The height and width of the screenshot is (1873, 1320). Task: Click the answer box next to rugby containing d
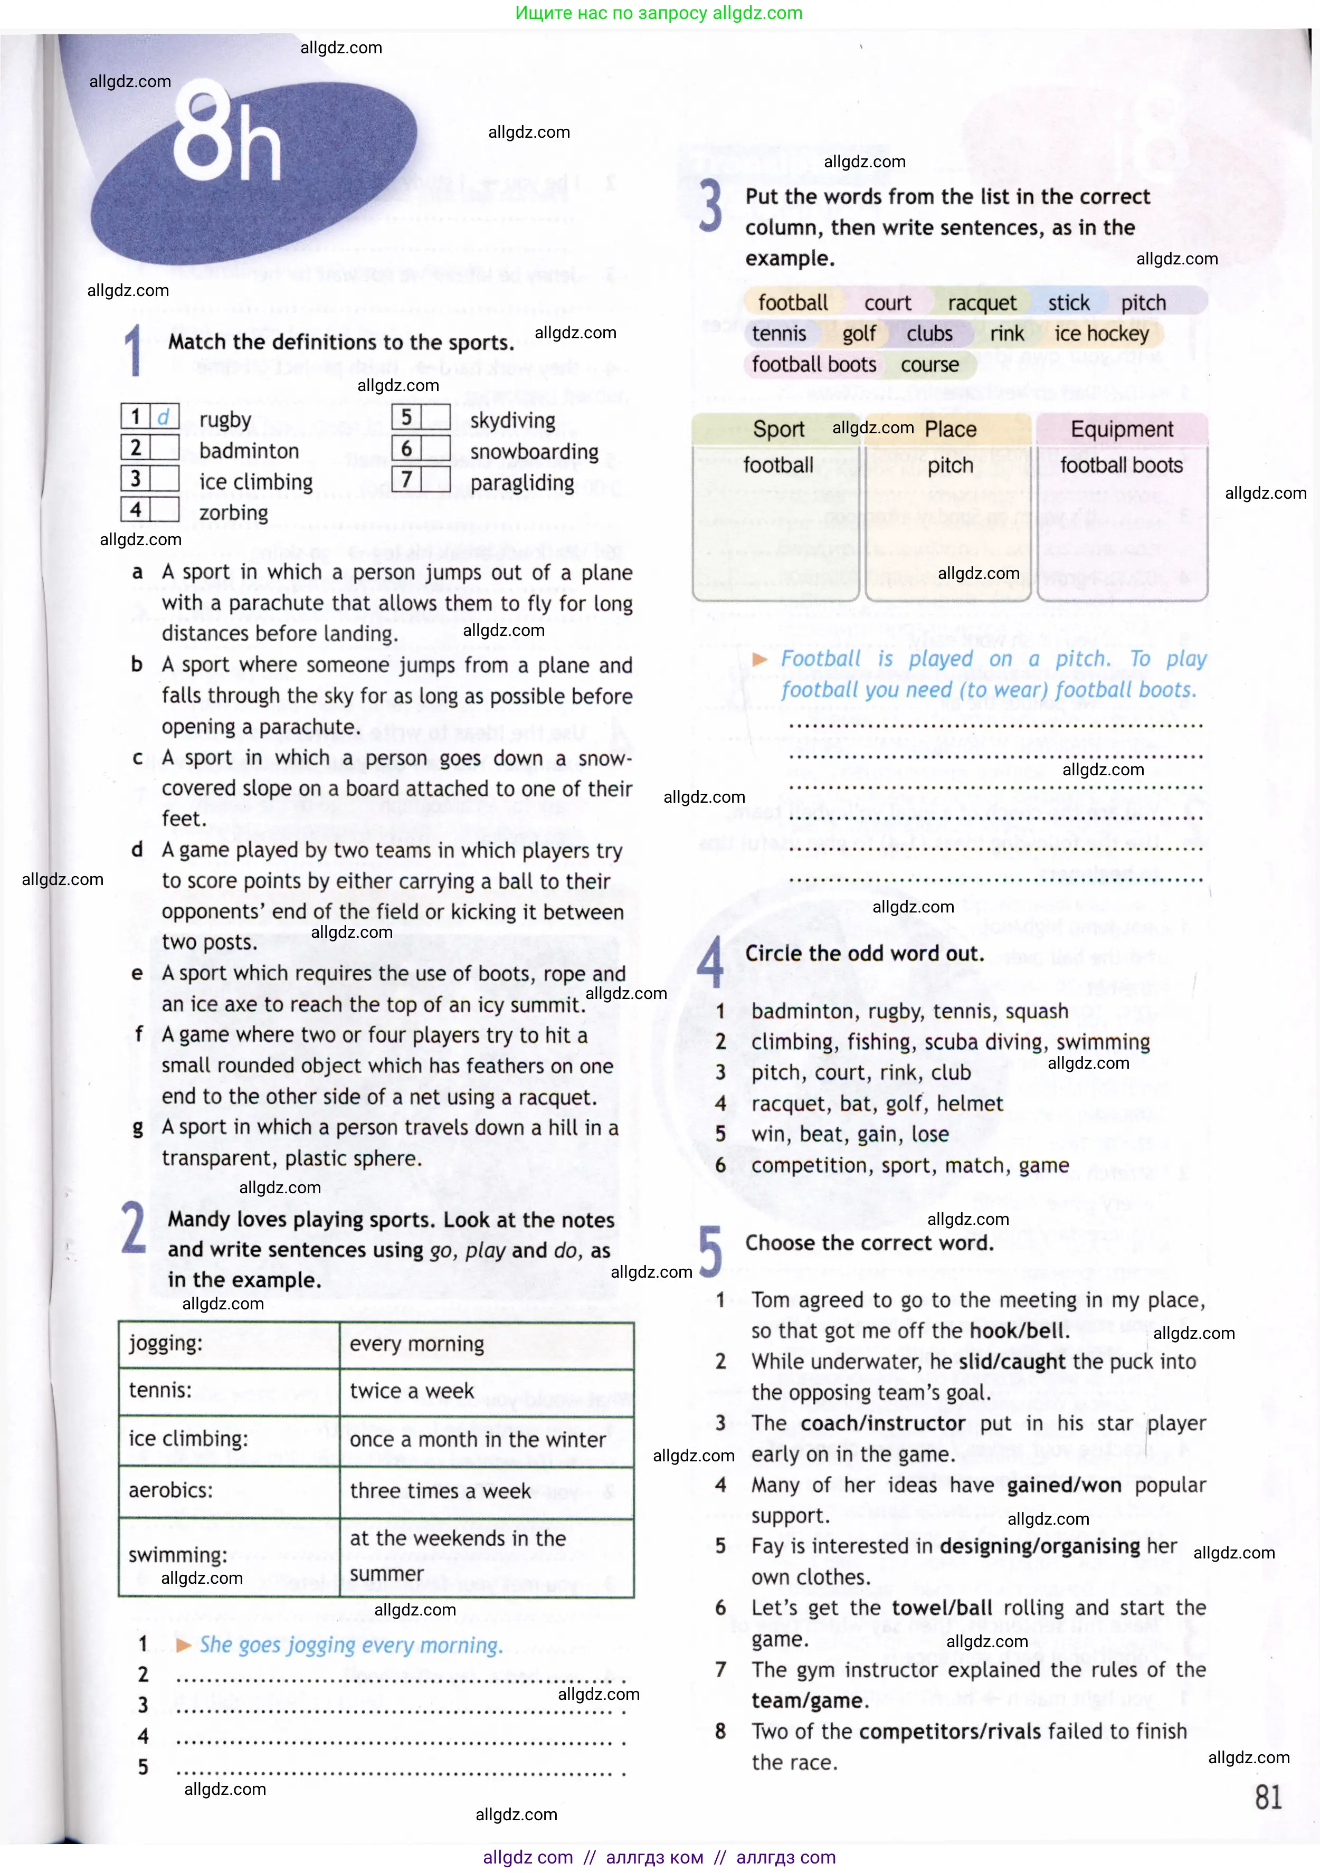coord(163,417)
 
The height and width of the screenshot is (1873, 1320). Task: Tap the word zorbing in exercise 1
coord(233,512)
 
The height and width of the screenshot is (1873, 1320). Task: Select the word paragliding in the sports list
coord(522,483)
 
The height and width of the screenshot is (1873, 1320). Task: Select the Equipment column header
coord(1121,429)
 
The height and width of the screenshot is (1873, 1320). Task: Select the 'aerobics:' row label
coord(170,1490)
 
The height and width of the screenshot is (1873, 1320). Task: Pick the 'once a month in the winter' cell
coord(477,1440)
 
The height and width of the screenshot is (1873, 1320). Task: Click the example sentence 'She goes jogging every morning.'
coord(351,1646)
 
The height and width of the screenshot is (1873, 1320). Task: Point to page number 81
coord(1268,1798)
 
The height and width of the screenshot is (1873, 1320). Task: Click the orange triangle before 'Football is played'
coord(759,659)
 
